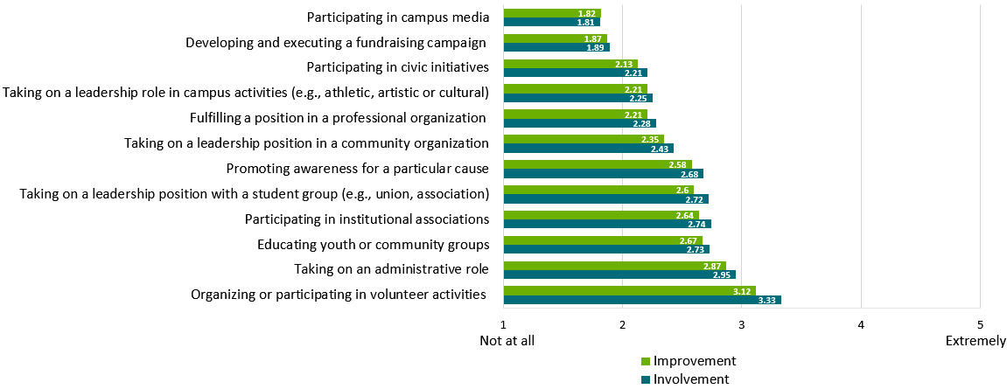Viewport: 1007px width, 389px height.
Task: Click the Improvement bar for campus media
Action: [x=551, y=13]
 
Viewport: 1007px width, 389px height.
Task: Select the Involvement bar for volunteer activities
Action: [x=642, y=300]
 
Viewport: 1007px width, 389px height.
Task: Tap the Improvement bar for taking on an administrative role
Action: [x=614, y=266]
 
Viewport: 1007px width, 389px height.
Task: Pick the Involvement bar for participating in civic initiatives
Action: [x=575, y=73]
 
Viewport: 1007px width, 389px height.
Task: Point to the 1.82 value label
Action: [x=588, y=13]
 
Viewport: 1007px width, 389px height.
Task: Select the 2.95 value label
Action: [x=724, y=274]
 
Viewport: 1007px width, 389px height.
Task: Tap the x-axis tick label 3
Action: [x=742, y=325]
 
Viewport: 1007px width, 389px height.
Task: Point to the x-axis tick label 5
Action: [x=980, y=325]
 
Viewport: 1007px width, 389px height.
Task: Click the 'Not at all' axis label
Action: [x=507, y=341]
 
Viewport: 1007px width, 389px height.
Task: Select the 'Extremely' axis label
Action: [x=976, y=341]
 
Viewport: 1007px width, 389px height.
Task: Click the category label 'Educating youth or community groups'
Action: [x=373, y=244]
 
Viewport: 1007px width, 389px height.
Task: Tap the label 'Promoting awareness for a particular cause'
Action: [x=357, y=168]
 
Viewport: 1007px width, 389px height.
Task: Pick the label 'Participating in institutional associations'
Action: [x=367, y=219]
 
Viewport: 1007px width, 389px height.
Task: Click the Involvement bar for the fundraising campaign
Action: [x=556, y=47]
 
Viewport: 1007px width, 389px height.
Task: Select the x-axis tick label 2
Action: [x=623, y=325]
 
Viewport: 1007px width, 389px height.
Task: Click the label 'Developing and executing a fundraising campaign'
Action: [x=336, y=41]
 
